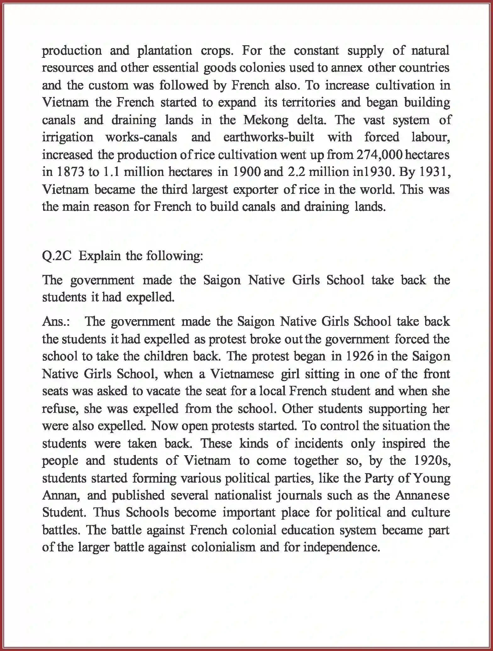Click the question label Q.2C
[x=57, y=256]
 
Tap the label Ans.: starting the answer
[x=56, y=322]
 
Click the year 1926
[x=360, y=356]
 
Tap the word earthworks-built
[x=269, y=137]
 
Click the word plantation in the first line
[x=165, y=51]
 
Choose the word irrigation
[x=68, y=137]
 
